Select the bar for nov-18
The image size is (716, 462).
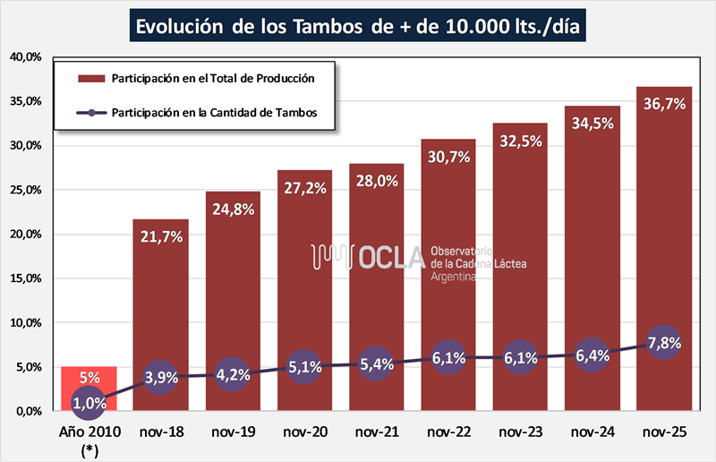(161, 295)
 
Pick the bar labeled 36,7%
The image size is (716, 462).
(664, 224)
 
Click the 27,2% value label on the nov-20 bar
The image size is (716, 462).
(305, 190)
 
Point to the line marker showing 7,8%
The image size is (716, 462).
(664, 343)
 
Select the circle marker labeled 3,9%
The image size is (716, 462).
(161, 377)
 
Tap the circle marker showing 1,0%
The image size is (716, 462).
(89, 402)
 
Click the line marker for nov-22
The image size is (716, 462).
(448, 357)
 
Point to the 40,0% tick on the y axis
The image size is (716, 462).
(26, 57)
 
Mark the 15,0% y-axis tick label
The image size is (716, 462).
(26, 278)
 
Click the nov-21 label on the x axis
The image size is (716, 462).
(377, 431)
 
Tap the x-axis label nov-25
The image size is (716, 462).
(664, 431)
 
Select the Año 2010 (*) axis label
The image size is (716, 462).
(89, 439)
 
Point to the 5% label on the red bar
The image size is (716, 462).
(89, 378)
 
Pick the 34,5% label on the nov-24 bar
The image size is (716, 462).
(592, 124)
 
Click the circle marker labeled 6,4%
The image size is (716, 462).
(592, 355)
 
